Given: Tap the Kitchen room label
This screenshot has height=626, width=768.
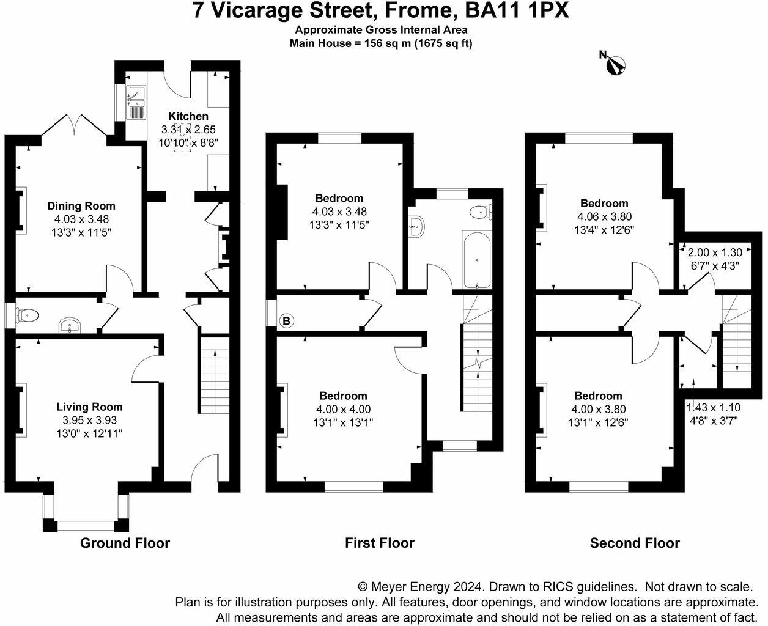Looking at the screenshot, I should pos(188,116).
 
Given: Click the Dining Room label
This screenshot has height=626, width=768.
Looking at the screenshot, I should pos(81,206).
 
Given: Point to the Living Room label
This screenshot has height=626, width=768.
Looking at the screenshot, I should pos(89,407).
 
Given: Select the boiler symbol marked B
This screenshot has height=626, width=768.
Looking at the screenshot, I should pos(286,320).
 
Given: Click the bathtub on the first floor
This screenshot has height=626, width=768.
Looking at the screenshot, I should pos(476,260).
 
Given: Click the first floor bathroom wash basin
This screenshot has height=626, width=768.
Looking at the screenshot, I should pos(418,226).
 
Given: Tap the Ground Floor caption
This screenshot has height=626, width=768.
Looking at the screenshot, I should pos(125,543).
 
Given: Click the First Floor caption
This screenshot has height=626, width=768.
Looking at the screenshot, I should pos(379,543).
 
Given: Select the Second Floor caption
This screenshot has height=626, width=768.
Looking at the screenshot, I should pos(635,543).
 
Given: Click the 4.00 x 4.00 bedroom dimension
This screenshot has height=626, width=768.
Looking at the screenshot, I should pos(343,410).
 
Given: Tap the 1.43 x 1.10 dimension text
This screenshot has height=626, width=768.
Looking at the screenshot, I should pos(713,407).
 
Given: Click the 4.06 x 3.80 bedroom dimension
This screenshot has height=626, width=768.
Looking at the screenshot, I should pos(604,217).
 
